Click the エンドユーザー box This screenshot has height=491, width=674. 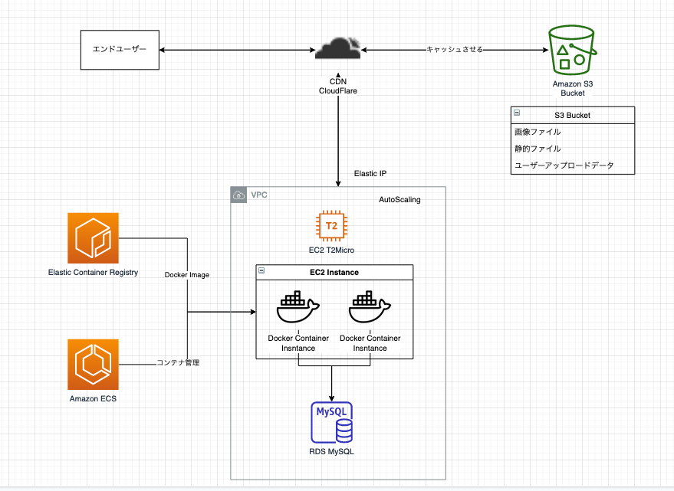pyautogui.click(x=120, y=51)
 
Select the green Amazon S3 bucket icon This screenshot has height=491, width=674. pyautogui.click(x=571, y=51)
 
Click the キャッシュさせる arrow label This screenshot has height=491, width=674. pyautogui.click(x=455, y=50)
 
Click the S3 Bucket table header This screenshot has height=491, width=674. pyautogui.click(x=573, y=115)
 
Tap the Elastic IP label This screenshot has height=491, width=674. pyautogui.click(x=371, y=173)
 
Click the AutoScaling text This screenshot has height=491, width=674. pyautogui.click(x=399, y=200)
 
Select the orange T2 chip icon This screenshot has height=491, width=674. pyautogui.click(x=331, y=226)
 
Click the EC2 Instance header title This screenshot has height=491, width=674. pyautogui.click(x=334, y=272)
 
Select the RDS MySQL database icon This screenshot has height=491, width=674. pyautogui.click(x=331, y=422)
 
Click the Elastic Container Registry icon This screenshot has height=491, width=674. pyautogui.click(x=93, y=238)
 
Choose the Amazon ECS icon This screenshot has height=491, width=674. pyautogui.click(x=93, y=365)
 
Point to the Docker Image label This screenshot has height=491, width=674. pyautogui.click(x=186, y=275)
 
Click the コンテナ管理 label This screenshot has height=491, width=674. pyautogui.click(x=178, y=362)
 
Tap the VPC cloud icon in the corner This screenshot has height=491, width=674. pyautogui.click(x=239, y=195)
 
